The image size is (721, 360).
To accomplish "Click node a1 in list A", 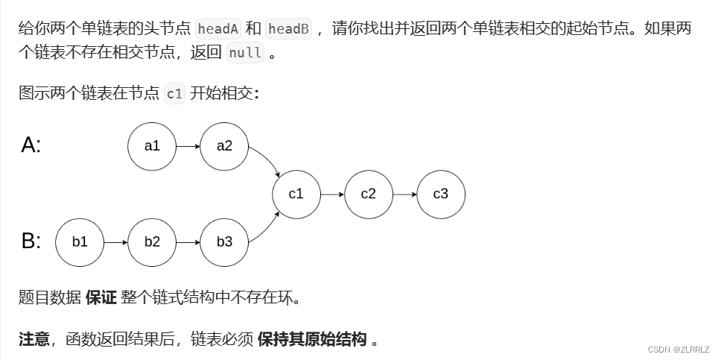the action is click(152, 146).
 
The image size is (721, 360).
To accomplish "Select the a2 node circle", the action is click(224, 146).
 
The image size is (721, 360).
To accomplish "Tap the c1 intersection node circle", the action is click(296, 194).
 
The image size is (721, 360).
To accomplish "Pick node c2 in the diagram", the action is click(369, 194).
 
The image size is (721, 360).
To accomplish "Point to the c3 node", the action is click(441, 194).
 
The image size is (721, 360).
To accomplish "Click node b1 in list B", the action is click(80, 242).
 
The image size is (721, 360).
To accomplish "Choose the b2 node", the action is click(152, 242).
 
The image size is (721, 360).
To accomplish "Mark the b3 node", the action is click(224, 242).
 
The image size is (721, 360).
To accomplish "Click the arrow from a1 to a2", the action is click(188, 146).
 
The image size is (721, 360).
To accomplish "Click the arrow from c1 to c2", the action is click(332, 194).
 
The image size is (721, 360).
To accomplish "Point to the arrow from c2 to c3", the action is click(404, 194).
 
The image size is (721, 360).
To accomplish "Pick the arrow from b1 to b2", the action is click(115, 242).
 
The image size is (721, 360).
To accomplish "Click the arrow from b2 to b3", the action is click(188, 242).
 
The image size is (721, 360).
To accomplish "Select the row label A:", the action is click(31, 145).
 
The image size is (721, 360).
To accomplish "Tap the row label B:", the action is click(31, 241).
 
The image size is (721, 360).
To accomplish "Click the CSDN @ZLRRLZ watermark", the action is click(679, 349).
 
